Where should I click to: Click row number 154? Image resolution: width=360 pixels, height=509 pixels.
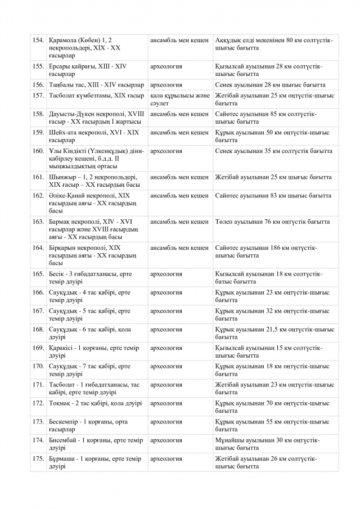point(38,40)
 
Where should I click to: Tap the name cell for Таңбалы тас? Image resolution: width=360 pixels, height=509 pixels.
point(96,85)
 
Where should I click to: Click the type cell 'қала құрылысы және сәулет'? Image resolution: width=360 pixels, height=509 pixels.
point(179,100)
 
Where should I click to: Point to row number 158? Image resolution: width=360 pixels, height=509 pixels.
point(38,114)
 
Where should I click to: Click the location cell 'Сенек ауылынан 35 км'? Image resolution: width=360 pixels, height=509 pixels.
point(273,151)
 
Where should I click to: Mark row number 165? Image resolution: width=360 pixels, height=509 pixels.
point(38,274)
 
